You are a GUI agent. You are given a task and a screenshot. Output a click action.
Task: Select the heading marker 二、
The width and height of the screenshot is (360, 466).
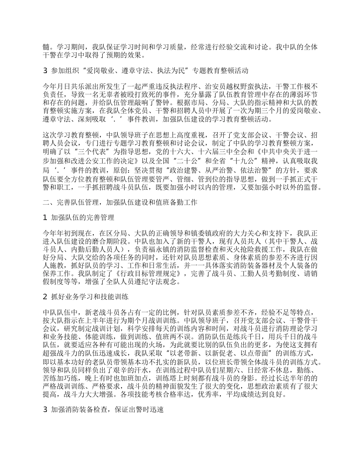[x=49, y=202]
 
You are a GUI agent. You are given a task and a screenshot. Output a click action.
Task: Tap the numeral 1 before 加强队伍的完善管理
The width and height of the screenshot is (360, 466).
[x=45, y=217]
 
